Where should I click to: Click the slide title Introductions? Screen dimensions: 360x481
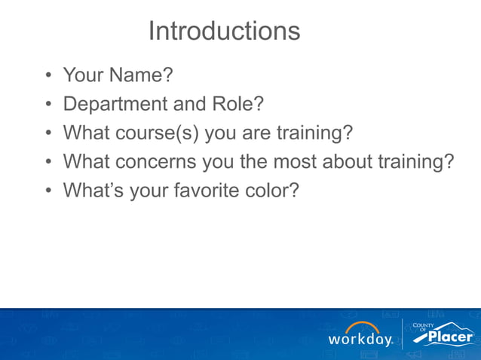coord(224,31)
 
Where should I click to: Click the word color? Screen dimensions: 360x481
coord(271,191)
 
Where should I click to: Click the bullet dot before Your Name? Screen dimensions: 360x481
coord(47,76)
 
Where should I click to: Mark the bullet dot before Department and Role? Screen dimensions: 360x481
coord(47,105)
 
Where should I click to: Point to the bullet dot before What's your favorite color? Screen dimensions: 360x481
coord(47,191)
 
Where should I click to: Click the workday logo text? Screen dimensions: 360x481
coord(360,340)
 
